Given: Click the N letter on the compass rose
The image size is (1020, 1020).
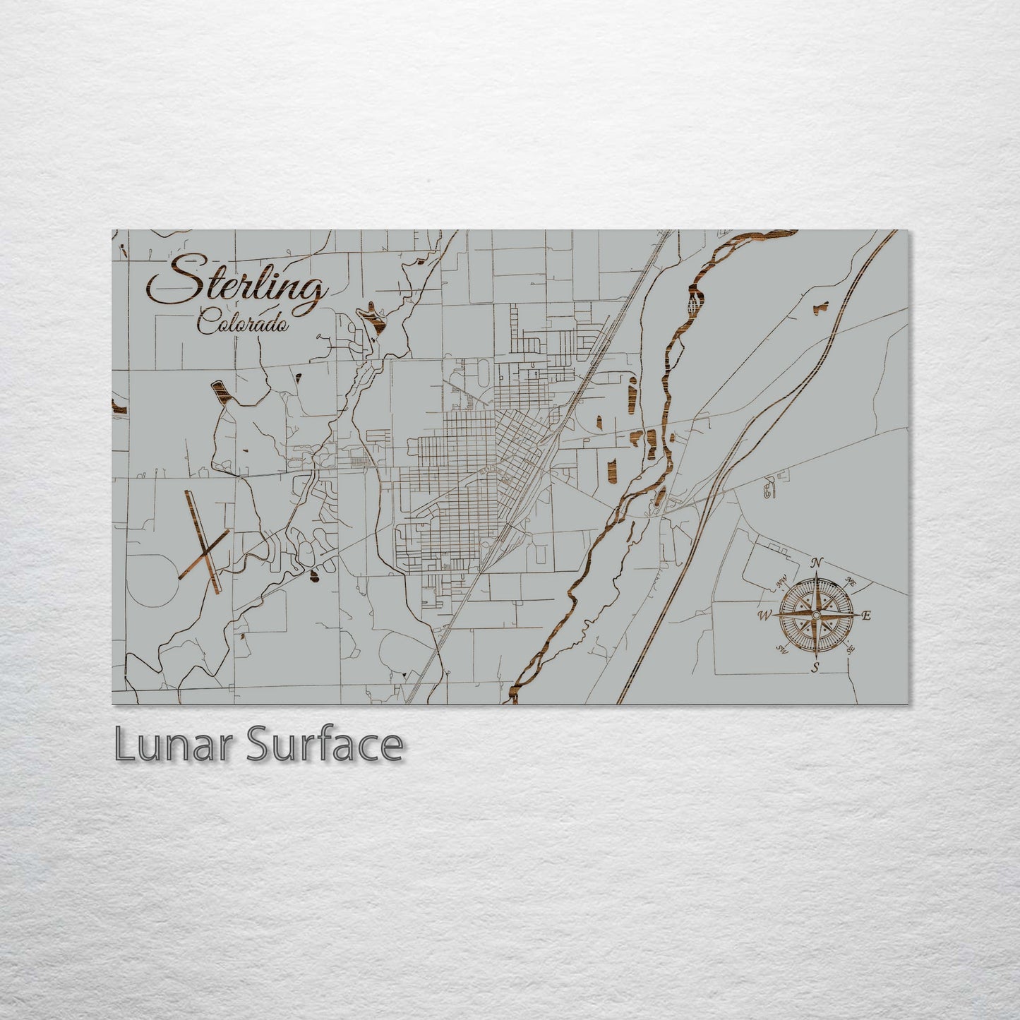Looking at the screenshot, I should [x=817, y=563].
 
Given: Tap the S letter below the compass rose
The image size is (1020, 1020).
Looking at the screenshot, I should [x=816, y=668].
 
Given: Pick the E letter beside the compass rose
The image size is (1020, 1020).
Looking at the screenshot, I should [x=867, y=616].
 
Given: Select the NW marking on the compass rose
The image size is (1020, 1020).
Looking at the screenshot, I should [x=782, y=582].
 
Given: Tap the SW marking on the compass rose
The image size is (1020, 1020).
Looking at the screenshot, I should [x=782, y=649].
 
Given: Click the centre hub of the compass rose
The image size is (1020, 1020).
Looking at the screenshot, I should [x=816, y=616].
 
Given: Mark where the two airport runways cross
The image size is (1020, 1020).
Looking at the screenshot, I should [x=203, y=551].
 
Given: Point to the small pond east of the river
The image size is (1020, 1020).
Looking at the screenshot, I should [x=820, y=307].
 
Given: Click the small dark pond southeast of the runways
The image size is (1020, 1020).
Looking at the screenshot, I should [x=313, y=577].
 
